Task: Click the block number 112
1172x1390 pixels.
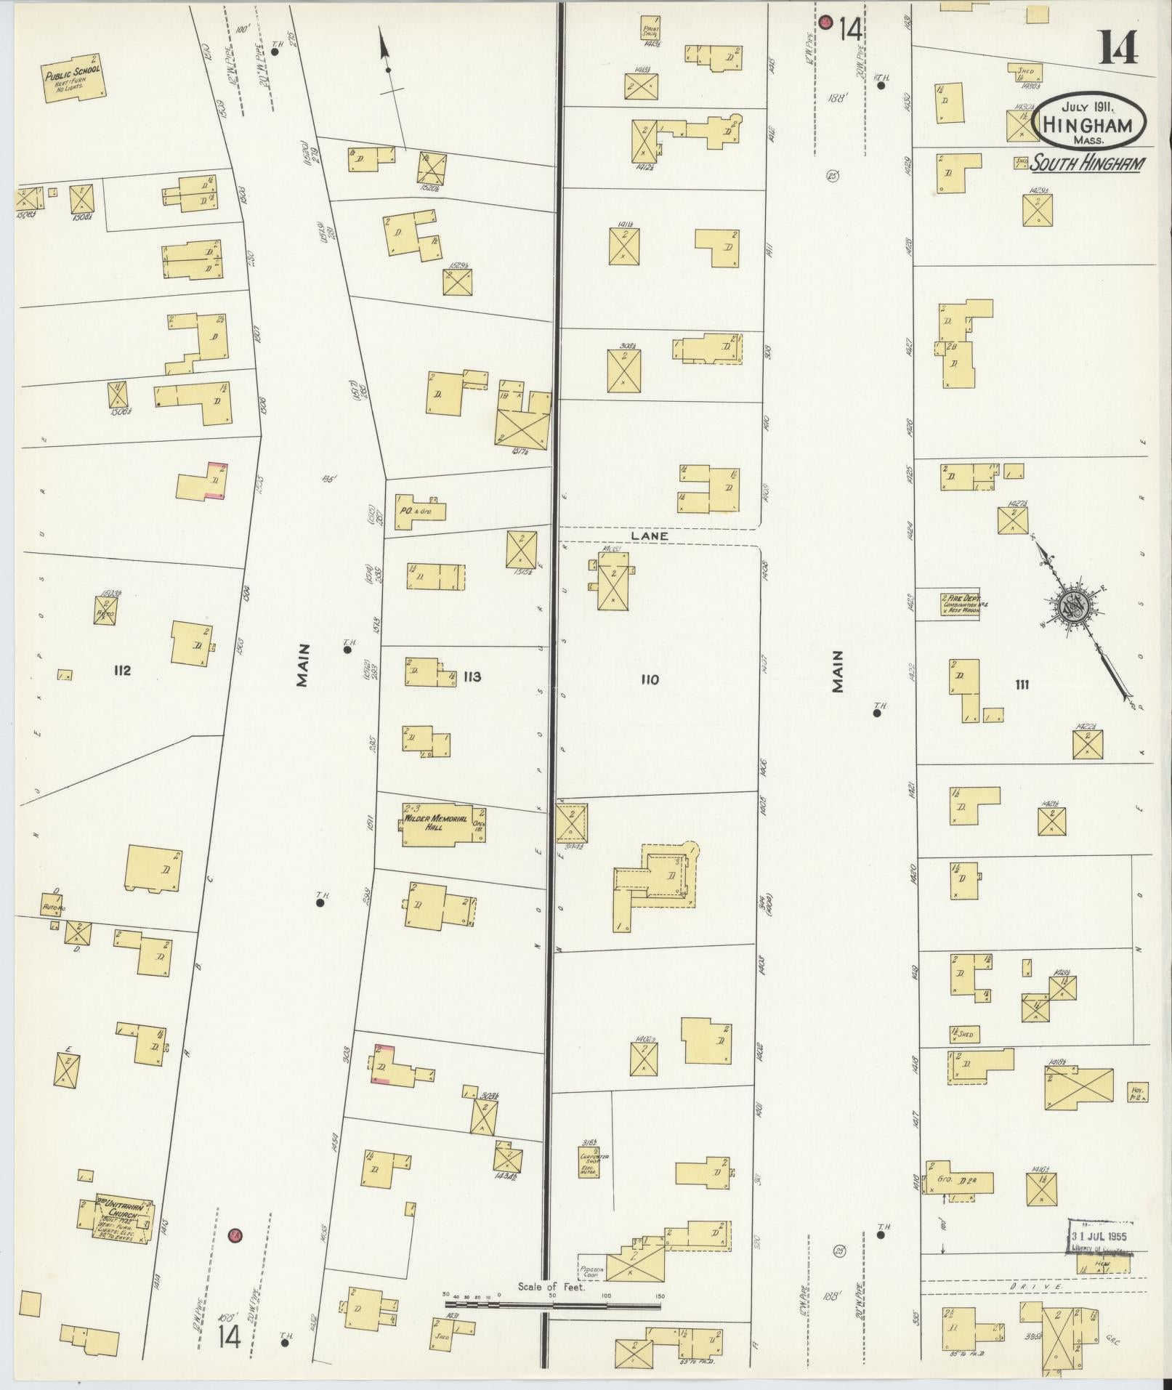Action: pyautogui.click(x=122, y=670)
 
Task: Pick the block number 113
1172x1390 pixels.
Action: pyautogui.click(x=472, y=676)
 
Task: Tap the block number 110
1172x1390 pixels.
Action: pyautogui.click(x=649, y=679)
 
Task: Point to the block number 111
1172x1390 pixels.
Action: pyautogui.click(x=1022, y=684)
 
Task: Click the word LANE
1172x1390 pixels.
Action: pyautogui.click(x=649, y=536)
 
